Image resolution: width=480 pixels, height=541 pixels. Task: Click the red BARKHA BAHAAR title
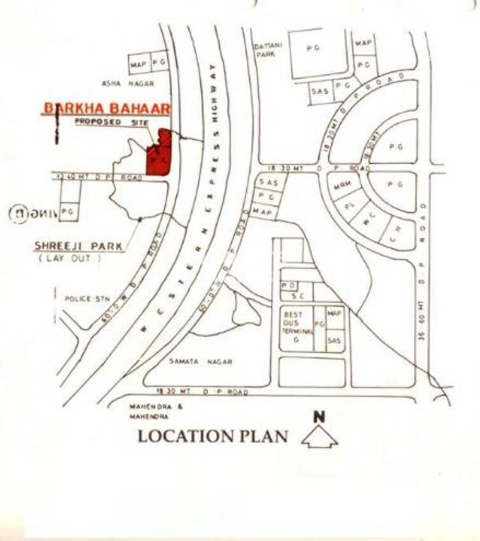click(106, 108)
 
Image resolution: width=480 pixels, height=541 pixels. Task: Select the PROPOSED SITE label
click(98, 121)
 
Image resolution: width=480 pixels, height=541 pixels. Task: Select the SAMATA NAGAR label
click(200, 362)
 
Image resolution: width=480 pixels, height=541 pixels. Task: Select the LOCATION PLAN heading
click(213, 437)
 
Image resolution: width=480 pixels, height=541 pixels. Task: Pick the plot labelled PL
click(348, 206)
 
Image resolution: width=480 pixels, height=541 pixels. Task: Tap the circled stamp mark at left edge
click(18, 214)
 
